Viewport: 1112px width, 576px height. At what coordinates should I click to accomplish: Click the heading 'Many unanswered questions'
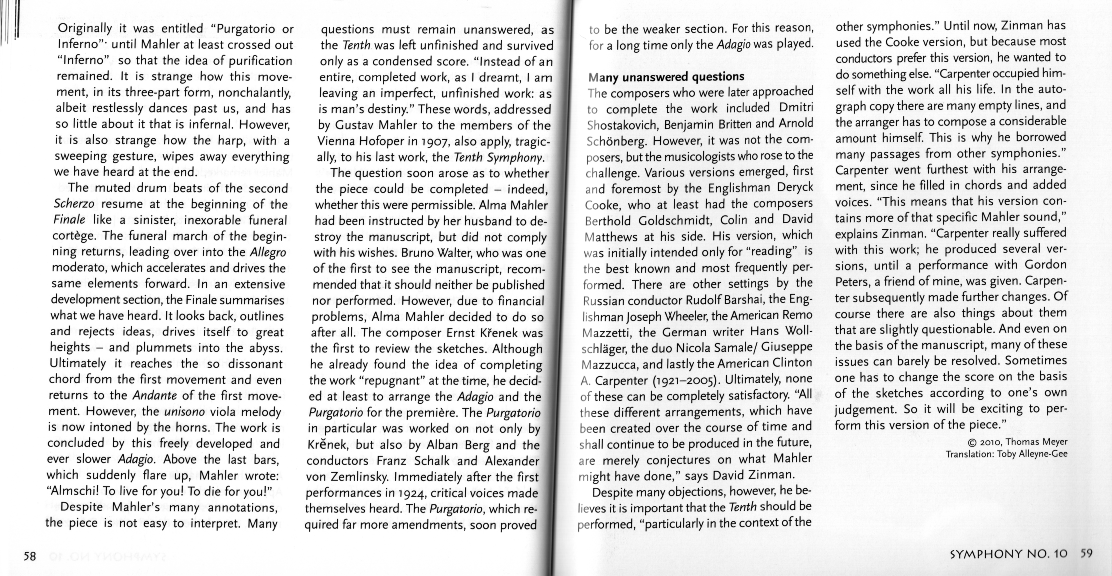coord(666,77)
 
